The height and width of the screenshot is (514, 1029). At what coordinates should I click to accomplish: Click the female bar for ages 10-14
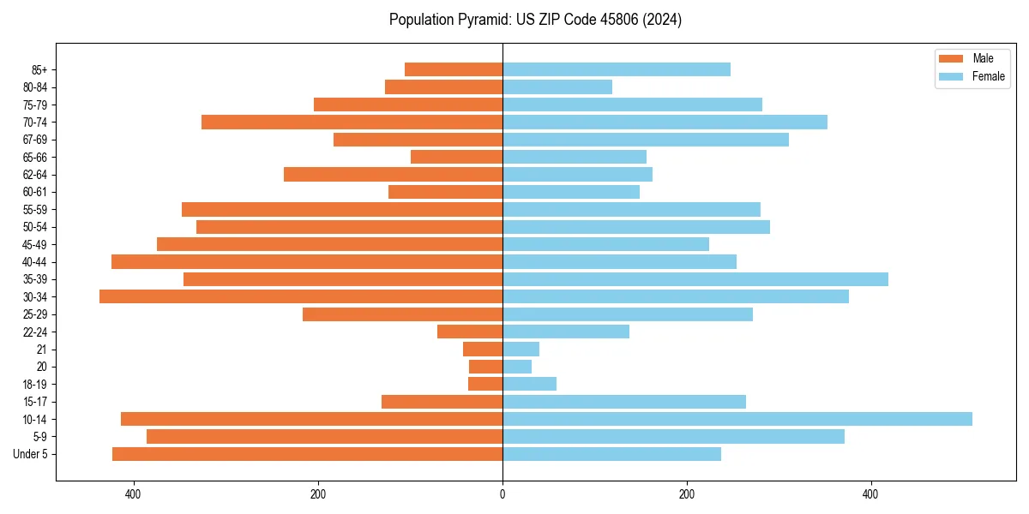pos(737,419)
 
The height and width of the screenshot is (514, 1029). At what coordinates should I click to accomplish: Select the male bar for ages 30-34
pos(301,296)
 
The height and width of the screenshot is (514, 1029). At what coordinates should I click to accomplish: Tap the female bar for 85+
pos(617,69)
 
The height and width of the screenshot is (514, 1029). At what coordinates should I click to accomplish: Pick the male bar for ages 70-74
pos(352,122)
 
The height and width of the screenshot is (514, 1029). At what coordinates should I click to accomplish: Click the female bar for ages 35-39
pos(695,279)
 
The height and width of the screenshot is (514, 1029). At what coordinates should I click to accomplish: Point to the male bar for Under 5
pos(307,454)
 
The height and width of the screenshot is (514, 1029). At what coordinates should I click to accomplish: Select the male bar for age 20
pos(485,367)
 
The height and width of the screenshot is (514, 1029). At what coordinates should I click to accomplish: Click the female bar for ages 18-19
pos(529,384)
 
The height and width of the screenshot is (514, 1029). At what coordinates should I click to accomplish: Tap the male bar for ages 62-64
pos(393,174)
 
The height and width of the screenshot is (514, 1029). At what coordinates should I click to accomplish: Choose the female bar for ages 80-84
pos(557,87)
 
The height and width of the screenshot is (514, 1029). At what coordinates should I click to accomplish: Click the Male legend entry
pos(983,58)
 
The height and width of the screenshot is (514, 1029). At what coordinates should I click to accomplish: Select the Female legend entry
pos(988,76)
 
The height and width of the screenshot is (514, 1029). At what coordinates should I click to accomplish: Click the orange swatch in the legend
pos(951,58)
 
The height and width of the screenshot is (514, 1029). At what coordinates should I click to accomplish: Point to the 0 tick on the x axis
pos(502,494)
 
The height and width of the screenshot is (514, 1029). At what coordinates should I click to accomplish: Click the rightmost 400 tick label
pos(870,494)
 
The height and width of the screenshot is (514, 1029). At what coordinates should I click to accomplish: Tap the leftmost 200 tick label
pos(318,494)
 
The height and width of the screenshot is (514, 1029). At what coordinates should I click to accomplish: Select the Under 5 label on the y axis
pos(31,454)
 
